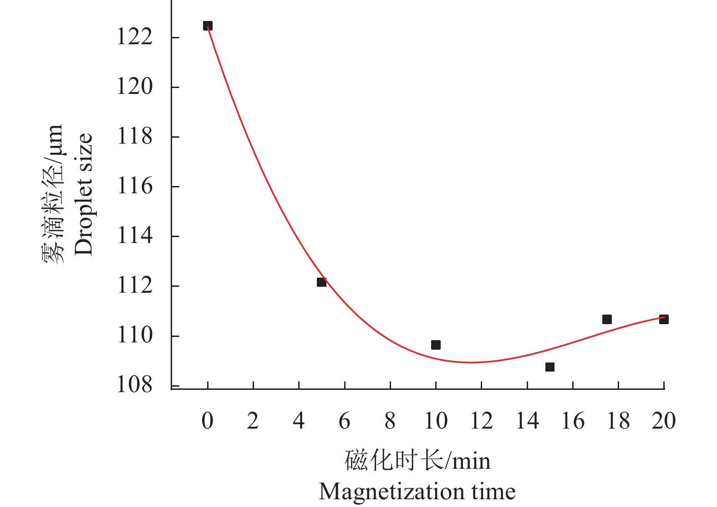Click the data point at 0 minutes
tap(208, 26)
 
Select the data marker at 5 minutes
tap(321, 282)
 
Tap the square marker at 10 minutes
tap(436, 345)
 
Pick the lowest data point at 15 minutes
tap(550, 367)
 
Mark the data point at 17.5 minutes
tap(607, 319)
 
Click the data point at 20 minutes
tap(664, 319)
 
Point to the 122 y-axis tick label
tap(135, 37)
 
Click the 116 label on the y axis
tap(135, 186)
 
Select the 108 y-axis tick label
tap(135, 385)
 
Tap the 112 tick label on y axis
tap(135, 286)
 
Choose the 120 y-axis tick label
tap(135, 87)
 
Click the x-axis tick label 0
tap(208, 421)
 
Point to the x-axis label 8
tap(390, 421)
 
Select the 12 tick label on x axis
tap(481, 421)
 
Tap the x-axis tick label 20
tap(664, 421)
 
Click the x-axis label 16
tap(573, 421)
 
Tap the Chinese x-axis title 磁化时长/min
tap(417, 460)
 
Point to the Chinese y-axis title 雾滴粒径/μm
tap(53, 194)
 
